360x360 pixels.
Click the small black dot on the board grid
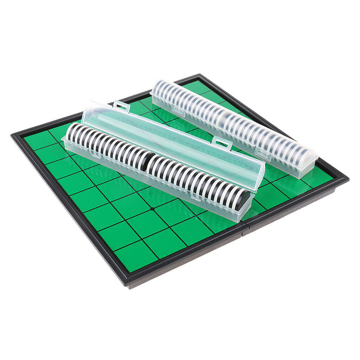point(153,208)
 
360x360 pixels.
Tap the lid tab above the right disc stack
point(221,144)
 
